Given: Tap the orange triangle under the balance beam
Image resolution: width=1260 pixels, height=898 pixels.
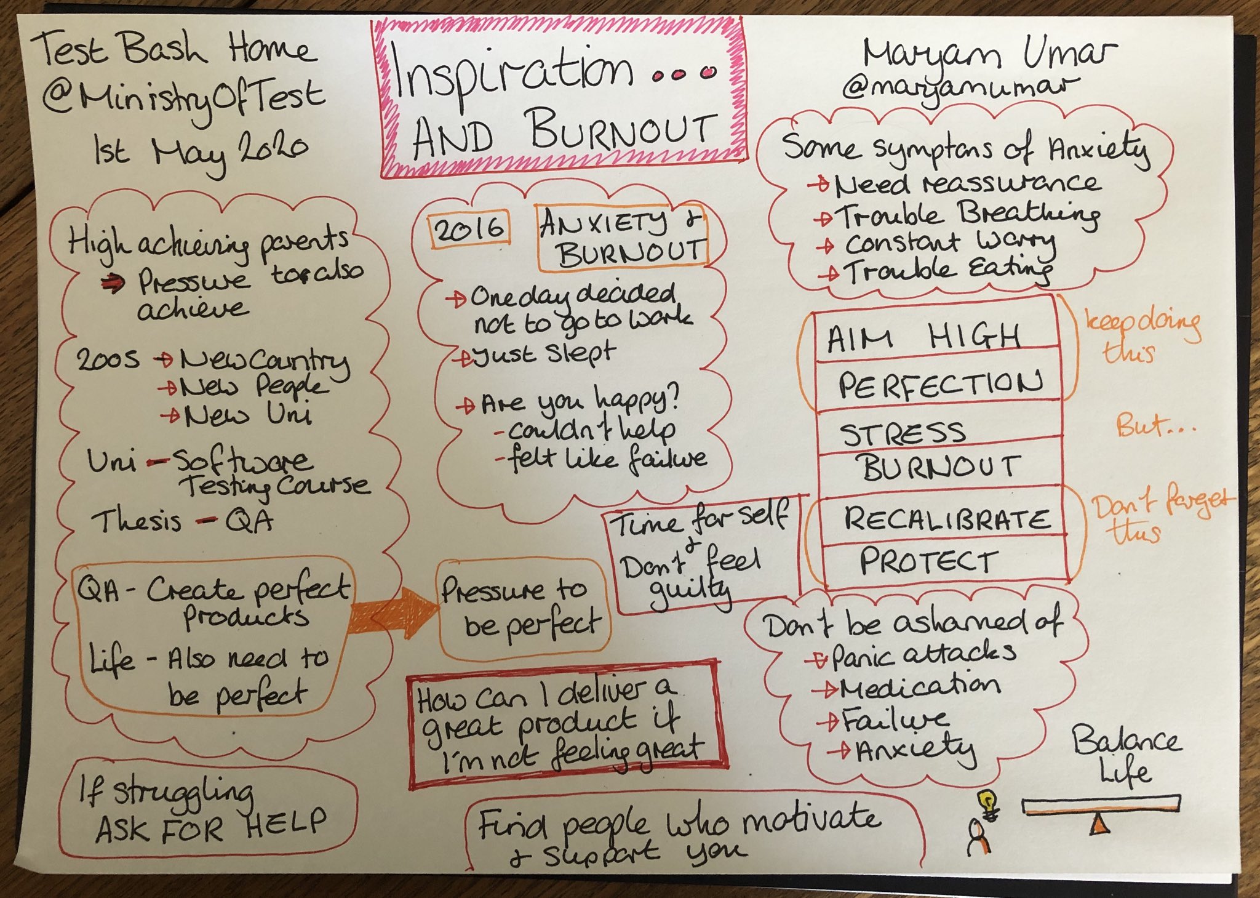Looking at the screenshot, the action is pyautogui.click(x=1099, y=824).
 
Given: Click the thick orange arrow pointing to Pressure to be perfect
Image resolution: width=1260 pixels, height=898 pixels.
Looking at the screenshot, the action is pyautogui.click(x=394, y=612).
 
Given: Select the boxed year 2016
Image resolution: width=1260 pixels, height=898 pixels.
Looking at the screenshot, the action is pyautogui.click(x=469, y=230).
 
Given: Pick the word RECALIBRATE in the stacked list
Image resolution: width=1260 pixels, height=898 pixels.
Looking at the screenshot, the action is pyautogui.click(x=946, y=519).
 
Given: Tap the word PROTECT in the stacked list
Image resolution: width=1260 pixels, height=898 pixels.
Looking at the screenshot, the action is pyautogui.click(x=928, y=561).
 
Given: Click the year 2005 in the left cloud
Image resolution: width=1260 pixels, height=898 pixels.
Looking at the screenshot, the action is pyautogui.click(x=107, y=359).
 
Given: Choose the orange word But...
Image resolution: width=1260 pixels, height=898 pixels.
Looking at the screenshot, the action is pyautogui.click(x=1144, y=425).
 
